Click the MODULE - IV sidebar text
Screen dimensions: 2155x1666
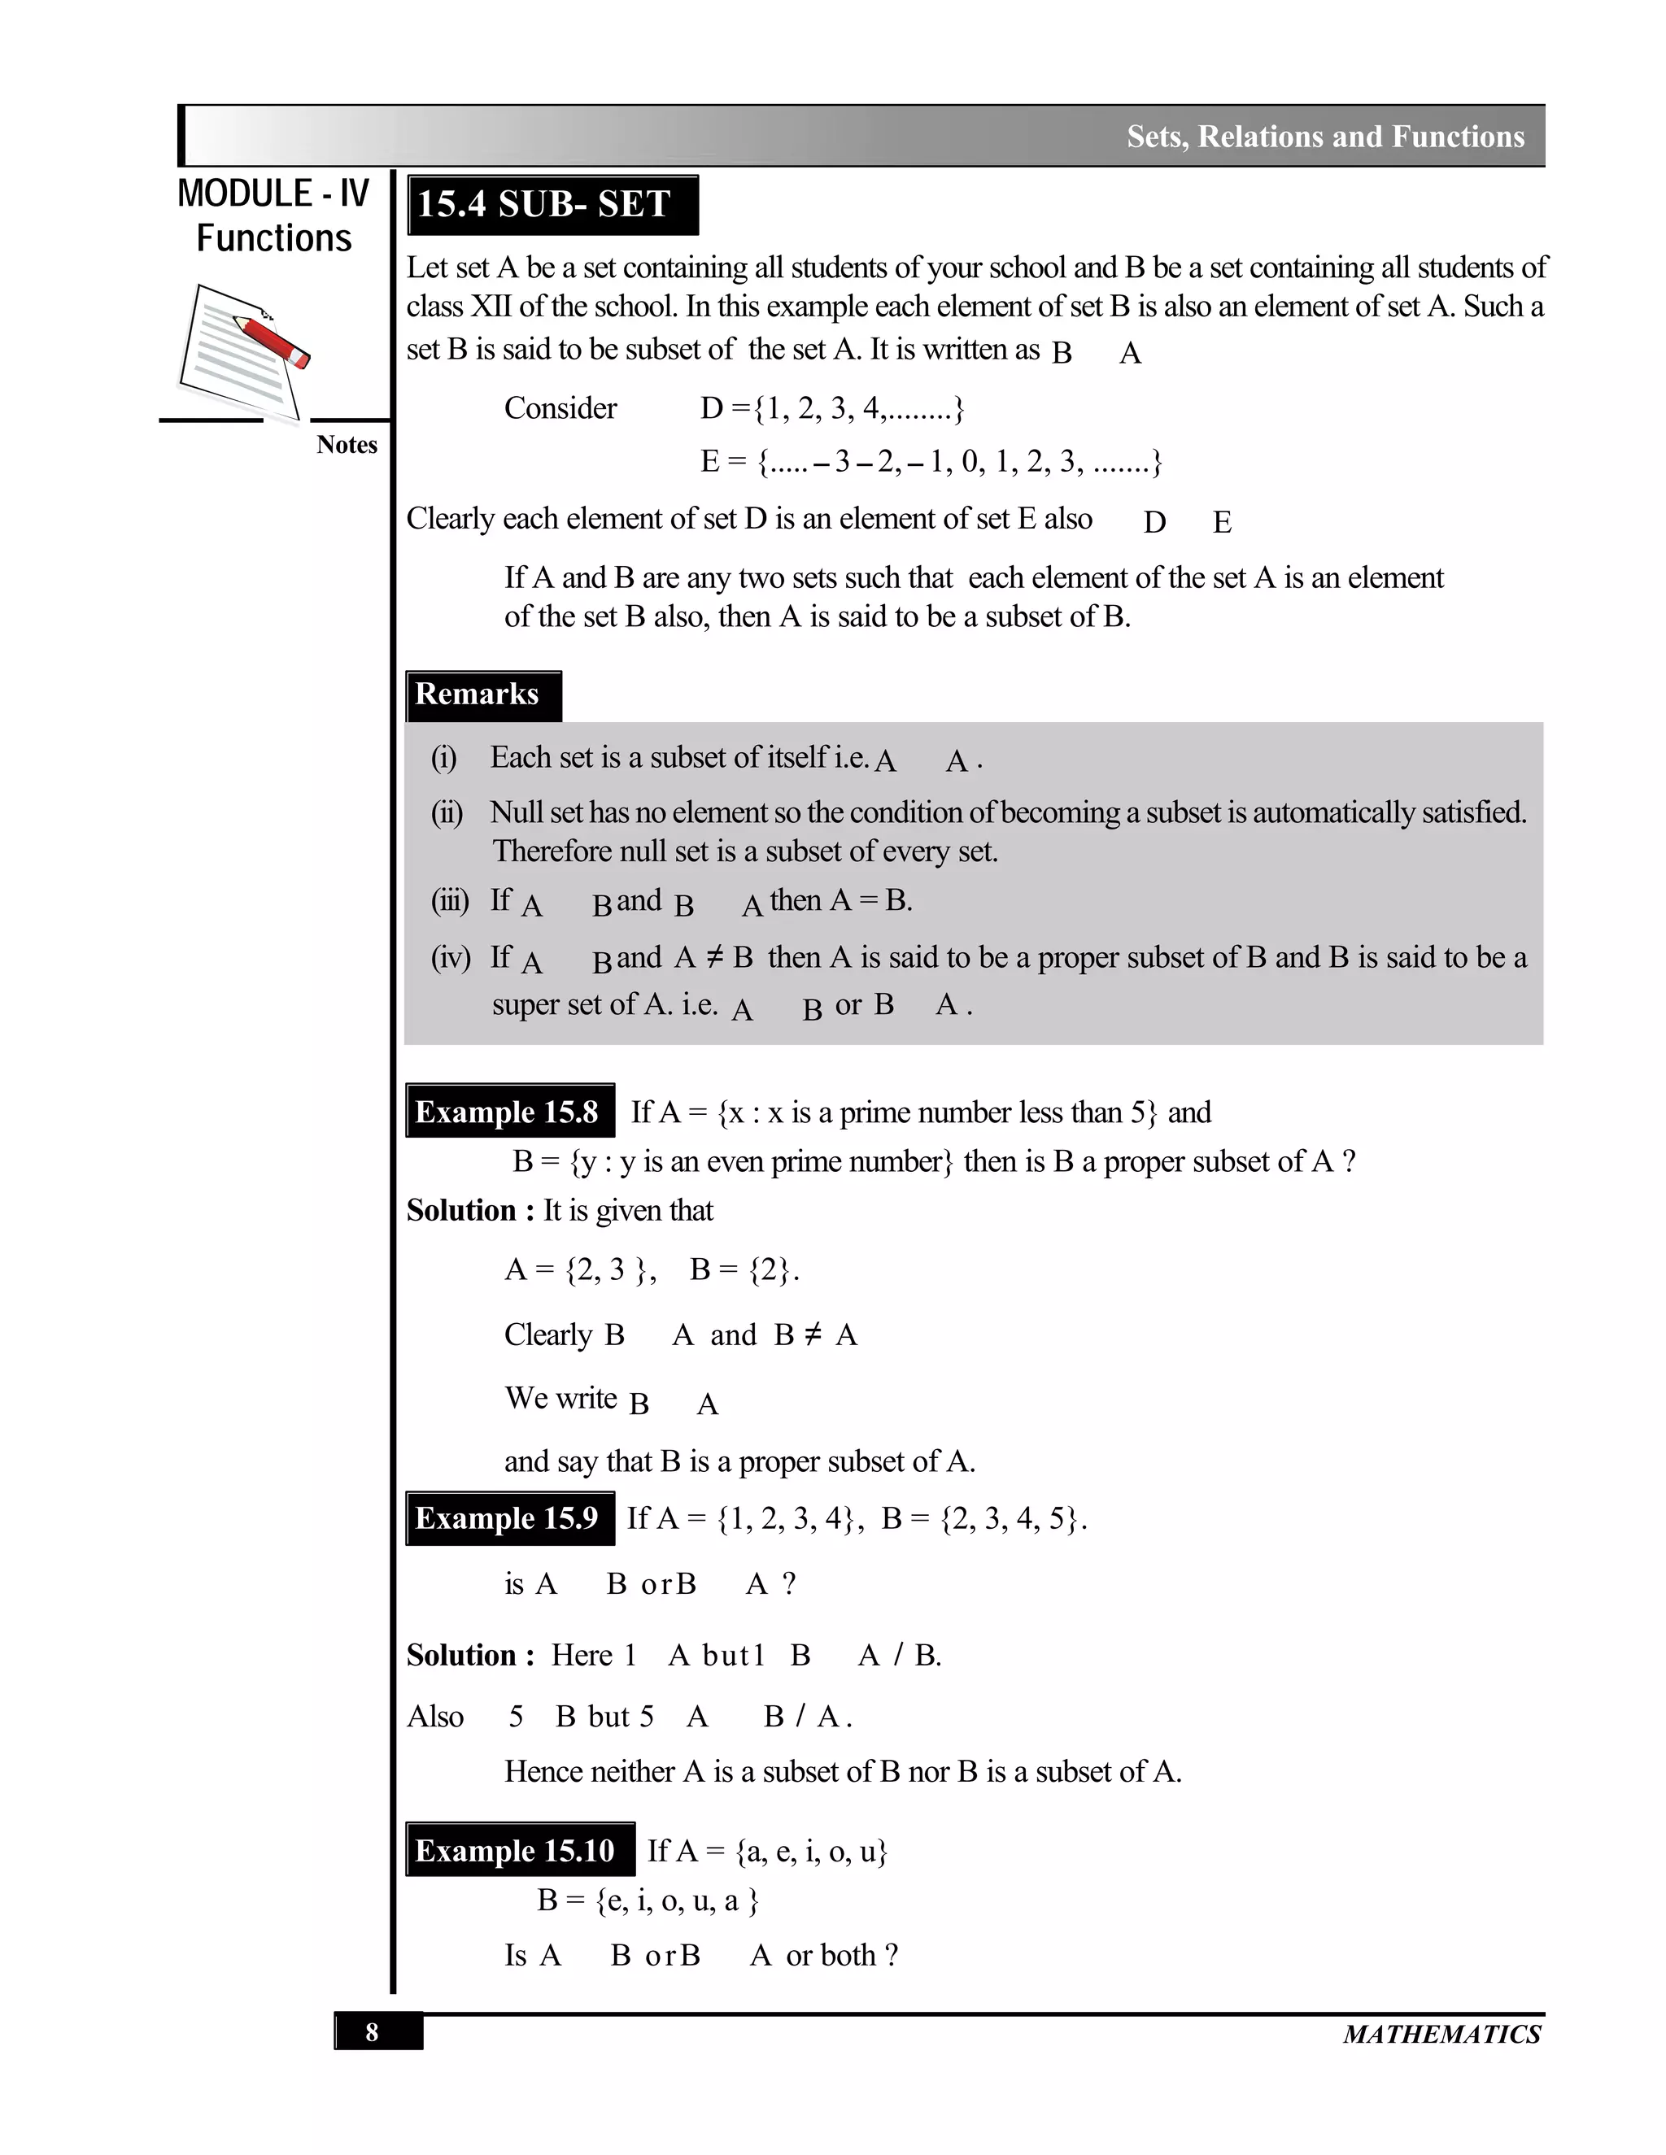point(273,194)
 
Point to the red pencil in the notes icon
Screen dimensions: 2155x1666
point(273,341)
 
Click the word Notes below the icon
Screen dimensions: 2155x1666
point(347,445)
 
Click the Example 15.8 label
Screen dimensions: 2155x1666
point(508,1112)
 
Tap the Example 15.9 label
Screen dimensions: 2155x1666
point(508,1517)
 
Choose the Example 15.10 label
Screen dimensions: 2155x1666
point(517,1850)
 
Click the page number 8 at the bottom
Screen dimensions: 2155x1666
point(372,2033)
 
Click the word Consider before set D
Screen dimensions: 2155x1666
point(560,408)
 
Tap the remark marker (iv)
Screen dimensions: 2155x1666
point(449,957)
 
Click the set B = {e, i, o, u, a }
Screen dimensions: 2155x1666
point(648,1900)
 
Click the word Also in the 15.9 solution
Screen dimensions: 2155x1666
point(434,1716)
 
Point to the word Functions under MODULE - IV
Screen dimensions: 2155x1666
point(273,239)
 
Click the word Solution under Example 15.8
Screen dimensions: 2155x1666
point(461,1211)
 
